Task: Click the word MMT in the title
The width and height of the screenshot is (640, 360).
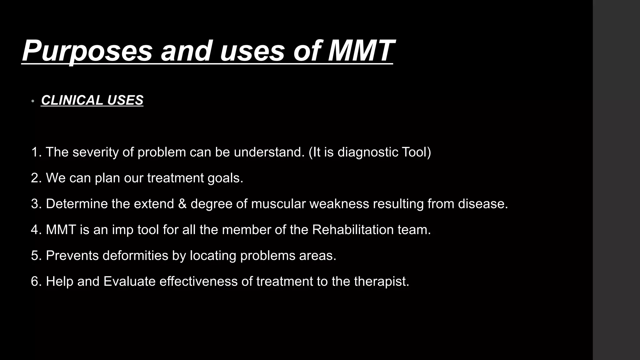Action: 361,51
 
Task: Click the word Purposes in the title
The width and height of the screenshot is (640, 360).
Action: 87,51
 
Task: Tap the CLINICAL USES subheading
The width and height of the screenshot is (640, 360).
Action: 92,100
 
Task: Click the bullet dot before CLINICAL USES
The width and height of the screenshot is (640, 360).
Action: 33,101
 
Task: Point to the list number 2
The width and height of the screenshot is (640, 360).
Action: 35,178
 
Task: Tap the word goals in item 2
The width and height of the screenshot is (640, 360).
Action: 225,178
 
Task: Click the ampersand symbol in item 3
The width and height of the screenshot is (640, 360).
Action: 182,204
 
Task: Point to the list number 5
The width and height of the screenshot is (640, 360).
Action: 35,256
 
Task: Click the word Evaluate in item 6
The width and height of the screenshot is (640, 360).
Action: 129,282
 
